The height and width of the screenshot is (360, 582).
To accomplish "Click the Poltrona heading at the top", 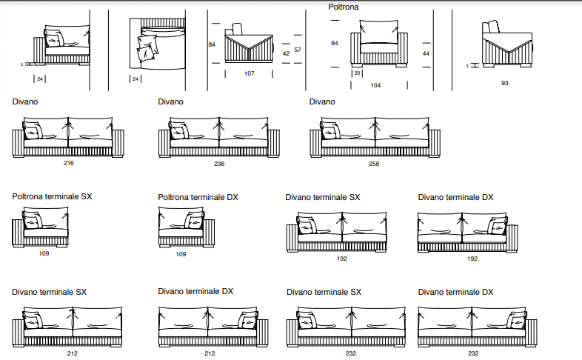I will (344, 7).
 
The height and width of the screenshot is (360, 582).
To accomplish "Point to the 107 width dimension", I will (249, 73).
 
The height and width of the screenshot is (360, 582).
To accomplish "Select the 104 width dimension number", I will (375, 85).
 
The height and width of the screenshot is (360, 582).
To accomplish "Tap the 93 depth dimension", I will (505, 83).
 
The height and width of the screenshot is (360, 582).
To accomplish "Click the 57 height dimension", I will (297, 50).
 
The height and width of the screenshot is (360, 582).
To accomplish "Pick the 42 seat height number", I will (286, 53).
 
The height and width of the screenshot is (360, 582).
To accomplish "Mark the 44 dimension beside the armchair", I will (426, 53).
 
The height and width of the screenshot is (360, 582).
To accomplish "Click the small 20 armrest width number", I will (357, 73).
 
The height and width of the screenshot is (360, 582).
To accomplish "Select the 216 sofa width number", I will (69, 164).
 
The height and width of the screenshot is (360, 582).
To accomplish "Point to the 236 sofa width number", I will (219, 164).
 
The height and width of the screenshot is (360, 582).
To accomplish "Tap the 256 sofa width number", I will (374, 164).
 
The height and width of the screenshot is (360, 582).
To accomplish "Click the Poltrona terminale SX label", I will (52, 197).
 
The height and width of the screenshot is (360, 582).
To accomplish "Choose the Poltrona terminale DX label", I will (198, 198).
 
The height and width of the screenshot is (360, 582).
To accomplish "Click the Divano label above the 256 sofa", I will (322, 101).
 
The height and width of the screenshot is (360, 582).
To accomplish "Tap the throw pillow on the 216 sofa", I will (33, 132).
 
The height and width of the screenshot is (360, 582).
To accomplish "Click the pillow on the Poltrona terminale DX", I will (195, 221).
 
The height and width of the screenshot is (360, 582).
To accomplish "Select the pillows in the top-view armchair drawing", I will (147, 47).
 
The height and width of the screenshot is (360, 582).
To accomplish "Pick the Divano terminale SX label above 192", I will (323, 198).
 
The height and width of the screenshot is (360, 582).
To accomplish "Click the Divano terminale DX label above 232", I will (455, 293).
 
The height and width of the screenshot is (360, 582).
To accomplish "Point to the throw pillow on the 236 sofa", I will (179, 132).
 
